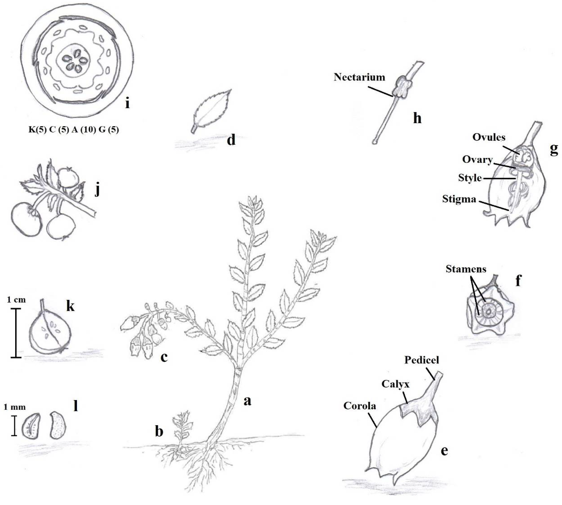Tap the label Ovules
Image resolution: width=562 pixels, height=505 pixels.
[x=489, y=137]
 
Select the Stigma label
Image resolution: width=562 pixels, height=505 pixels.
[x=459, y=199]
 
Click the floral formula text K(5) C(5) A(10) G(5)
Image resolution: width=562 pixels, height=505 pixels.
[x=74, y=130]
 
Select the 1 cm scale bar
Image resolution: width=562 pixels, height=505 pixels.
[x=16, y=333]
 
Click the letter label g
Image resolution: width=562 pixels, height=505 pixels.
[x=554, y=150]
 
